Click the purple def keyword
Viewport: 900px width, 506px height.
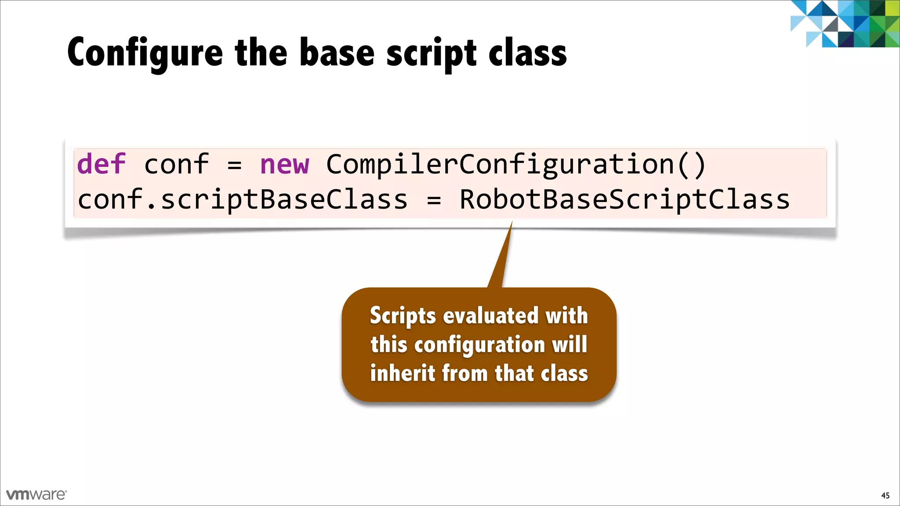[x=101, y=164]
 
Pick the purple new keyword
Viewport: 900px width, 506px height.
[x=284, y=165]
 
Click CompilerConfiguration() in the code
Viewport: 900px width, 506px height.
[x=516, y=165]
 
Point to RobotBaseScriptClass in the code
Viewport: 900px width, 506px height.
[x=624, y=199]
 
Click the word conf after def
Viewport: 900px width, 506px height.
[x=176, y=165]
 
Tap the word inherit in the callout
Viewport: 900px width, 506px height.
[x=402, y=373]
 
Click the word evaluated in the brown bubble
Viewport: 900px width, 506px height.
[x=490, y=315]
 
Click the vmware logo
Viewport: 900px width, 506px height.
[x=36, y=495]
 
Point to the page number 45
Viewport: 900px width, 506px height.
[x=885, y=495]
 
